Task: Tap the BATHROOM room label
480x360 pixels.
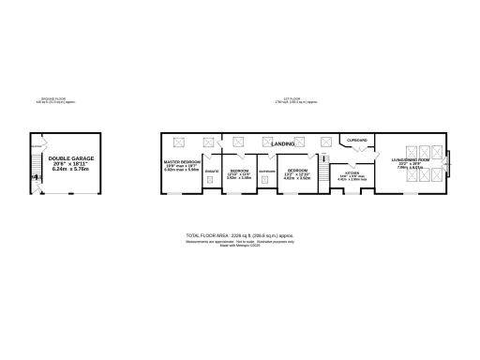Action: point(265,172)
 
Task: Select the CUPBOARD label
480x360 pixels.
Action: point(357,140)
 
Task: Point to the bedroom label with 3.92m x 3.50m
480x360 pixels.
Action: point(239,172)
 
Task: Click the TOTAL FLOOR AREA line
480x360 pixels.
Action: point(238,234)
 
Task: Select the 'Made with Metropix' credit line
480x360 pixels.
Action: point(238,246)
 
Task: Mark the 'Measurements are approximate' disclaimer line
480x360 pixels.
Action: point(238,241)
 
